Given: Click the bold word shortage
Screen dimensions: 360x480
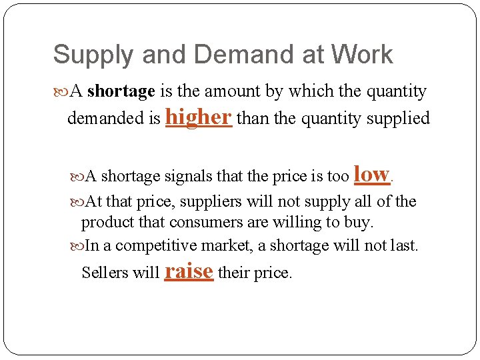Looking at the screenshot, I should [121, 91].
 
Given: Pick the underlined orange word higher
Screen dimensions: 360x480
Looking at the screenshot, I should [198, 117].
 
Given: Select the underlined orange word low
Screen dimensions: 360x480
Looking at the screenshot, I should [371, 174].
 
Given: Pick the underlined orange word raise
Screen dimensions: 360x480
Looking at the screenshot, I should [189, 271].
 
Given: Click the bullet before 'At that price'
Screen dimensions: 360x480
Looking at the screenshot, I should [77, 201].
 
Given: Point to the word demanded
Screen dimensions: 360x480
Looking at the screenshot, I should [105, 119].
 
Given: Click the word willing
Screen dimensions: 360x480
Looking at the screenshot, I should [305, 222].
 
